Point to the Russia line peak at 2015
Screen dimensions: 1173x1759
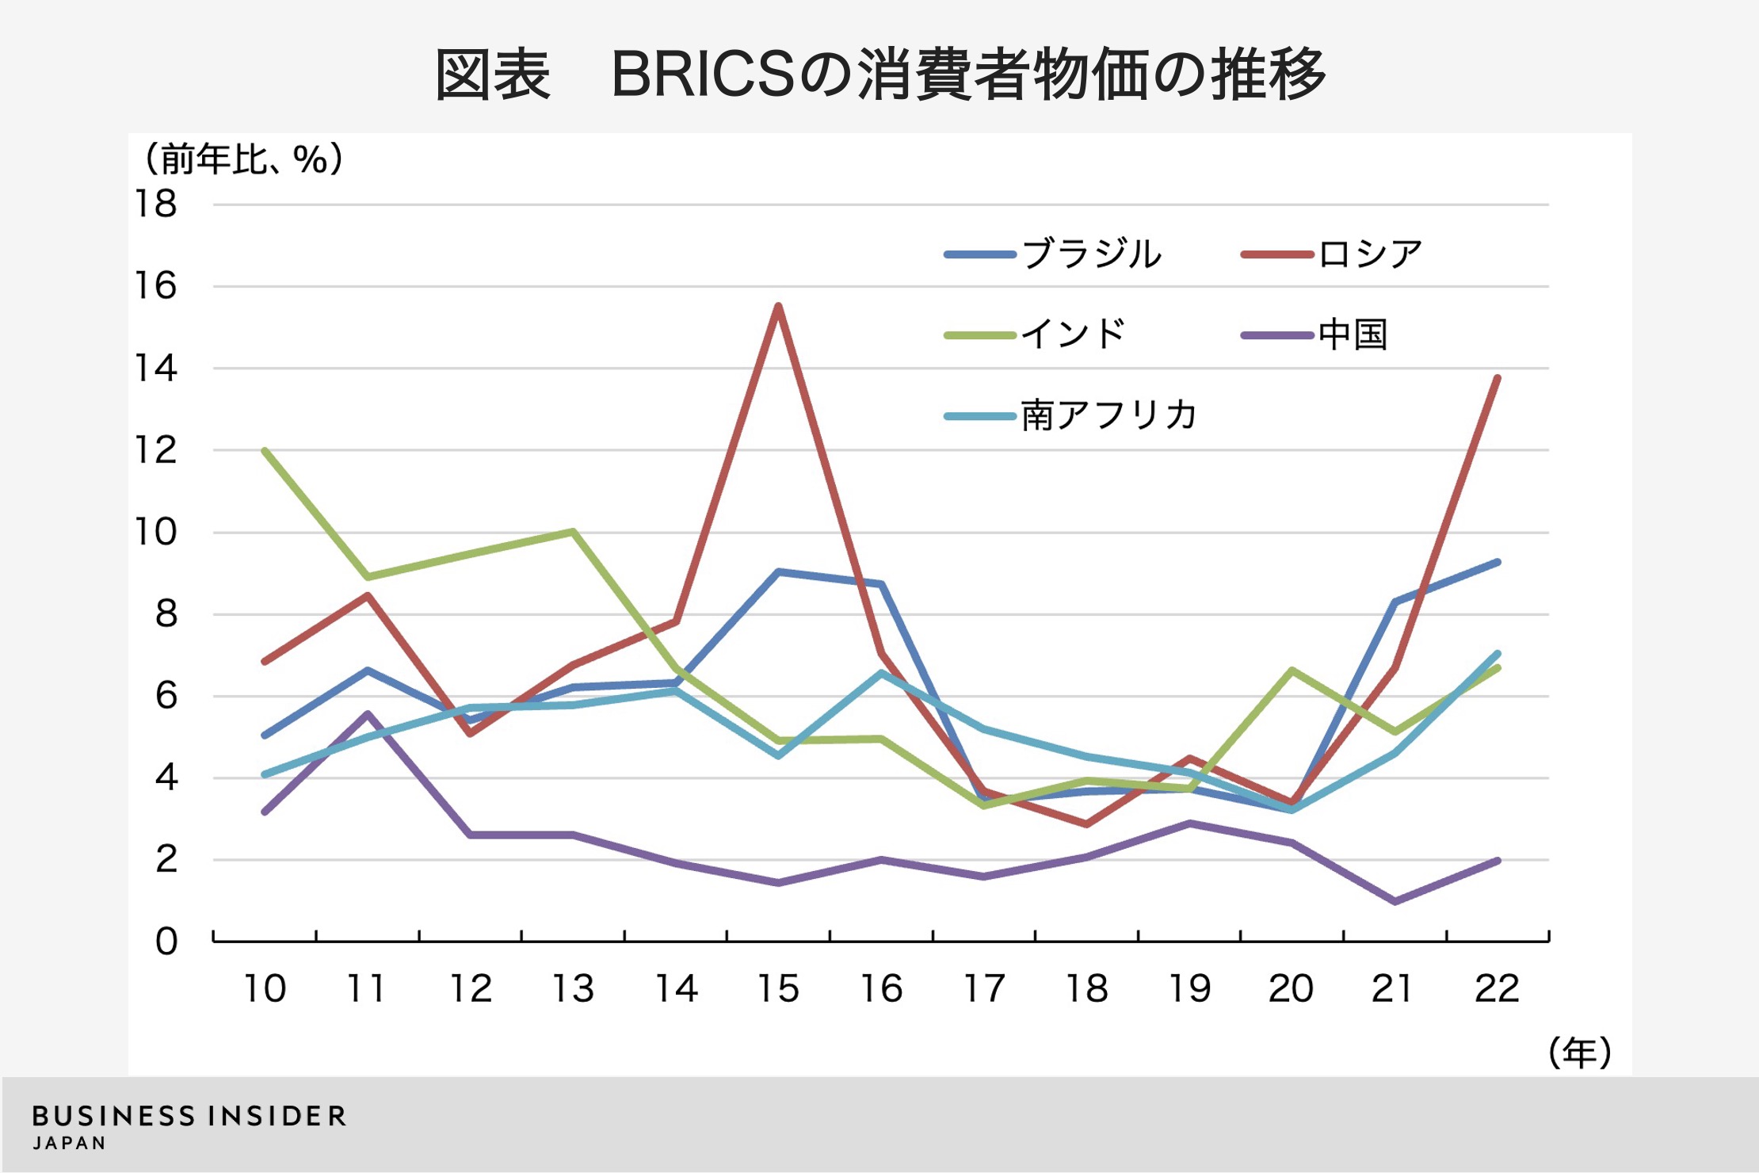779,306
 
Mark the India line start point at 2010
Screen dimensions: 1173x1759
265,451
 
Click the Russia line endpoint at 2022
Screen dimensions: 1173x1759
1497,378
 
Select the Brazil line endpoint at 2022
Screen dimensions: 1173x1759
1497,563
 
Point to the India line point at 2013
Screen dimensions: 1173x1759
573,532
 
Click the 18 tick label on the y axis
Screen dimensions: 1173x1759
156,204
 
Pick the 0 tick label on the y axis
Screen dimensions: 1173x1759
166,942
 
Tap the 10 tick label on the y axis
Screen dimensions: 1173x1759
156,532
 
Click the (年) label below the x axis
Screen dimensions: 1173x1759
1579,1053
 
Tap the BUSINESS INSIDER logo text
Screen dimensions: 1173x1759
189,1117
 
